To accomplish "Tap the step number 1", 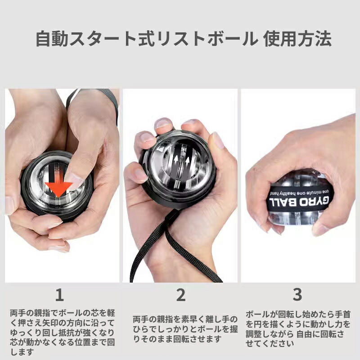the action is [59, 295].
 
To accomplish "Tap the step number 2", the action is [181, 295].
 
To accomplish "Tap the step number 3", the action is [297, 295].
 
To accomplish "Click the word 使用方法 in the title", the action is [297, 39].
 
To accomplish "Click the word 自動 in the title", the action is [52, 39].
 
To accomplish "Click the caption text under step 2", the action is [185, 329].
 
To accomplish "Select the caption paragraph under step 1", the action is [63, 332].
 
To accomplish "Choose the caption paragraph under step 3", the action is [298, 329].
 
